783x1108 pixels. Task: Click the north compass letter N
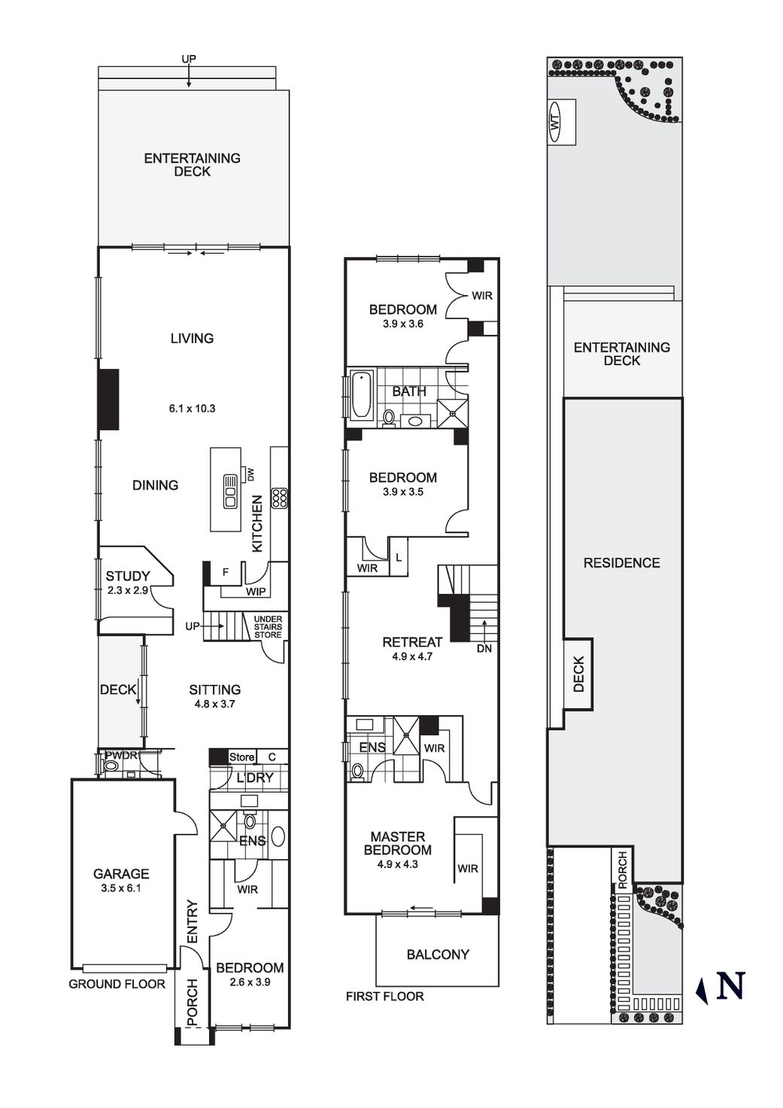click(x=730, y=985)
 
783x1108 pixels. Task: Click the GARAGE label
click(x=121, y=874)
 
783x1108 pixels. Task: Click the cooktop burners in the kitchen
click(x=280, y=498)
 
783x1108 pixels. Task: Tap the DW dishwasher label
click(x=250, y=475)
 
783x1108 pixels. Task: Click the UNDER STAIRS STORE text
click(x=268, y=626)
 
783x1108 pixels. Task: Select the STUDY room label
click(x=127, y=577)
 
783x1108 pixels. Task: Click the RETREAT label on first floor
click(x=412, y=642)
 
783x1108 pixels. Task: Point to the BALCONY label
click(x=438, y=954)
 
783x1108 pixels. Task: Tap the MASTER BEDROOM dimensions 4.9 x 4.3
click(x=398, y=864)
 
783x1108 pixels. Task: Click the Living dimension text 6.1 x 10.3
click(x=193, y=409)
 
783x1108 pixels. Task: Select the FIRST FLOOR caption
click(x=384, y=997)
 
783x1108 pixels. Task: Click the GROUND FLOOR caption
click(x=117, y=984)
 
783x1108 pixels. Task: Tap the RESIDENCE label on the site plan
click(x=621, y=563)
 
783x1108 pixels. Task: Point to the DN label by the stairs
click(x=484, y=648)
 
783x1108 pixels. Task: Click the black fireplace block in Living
click(x=109, y=399)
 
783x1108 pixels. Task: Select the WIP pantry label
click(x=255, y=592)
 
